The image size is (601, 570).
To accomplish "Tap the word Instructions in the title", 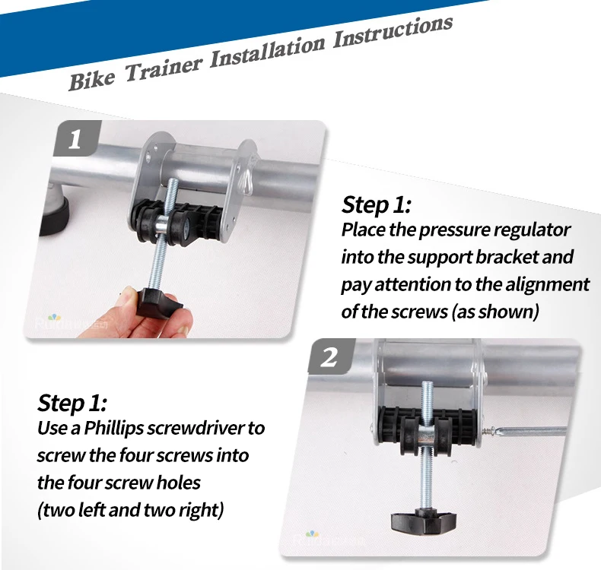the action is [x=393, y=32].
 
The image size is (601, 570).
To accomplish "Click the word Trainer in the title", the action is [x=163, y=68].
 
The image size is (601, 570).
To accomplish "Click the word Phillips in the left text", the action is [x=113, y=429].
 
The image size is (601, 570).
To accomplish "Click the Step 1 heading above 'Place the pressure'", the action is [x=376, y=204].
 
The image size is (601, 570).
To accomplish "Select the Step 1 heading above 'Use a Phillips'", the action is [x=72, y=403].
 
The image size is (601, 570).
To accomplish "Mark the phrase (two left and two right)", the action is [x=130, y=510].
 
